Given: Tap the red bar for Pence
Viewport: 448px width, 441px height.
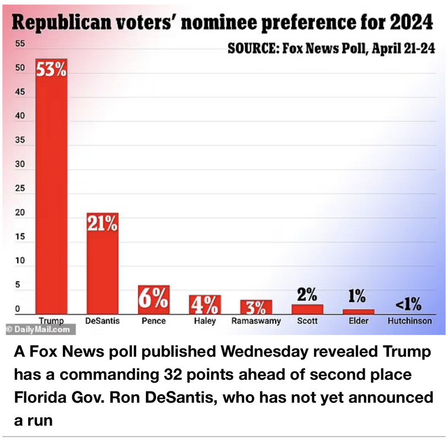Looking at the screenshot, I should pyautogui.click(x=153, y=300).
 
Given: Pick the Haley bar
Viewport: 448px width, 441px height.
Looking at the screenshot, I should pyautogui.click(x=204, y=304).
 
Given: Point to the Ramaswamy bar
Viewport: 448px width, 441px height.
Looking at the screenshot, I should pyautogui.click(x=256, y=307).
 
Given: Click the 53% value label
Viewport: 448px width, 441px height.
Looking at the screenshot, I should pyautogui.click(x=52, y=71).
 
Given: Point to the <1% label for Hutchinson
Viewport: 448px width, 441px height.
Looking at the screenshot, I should pyautogui.click(x=408, y=304).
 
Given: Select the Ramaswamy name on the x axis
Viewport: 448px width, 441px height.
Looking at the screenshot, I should pyautogui.click(x=256, y=321).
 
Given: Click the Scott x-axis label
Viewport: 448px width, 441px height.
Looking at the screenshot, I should pyautogui.click(x=306, y=321).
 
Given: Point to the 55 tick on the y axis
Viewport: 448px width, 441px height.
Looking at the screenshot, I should pyautogui.click(x=19, y=44).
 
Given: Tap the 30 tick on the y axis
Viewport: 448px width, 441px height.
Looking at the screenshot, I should pyautogui.click(x=19, y=164).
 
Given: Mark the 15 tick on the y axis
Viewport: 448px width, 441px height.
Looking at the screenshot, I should pyautogui.click(x=19, y=237).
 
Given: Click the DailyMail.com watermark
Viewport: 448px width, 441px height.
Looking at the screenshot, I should pyautogui.click(x=38, y=330).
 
